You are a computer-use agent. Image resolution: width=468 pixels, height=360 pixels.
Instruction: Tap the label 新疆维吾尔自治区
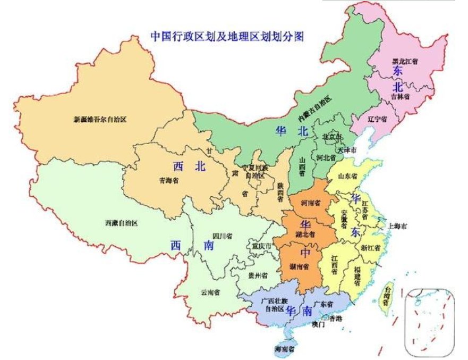[x=100, y=120]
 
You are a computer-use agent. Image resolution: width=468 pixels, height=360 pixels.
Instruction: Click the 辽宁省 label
[x=378, y=119]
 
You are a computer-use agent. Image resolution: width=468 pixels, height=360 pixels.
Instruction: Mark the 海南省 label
[x=285, y=349]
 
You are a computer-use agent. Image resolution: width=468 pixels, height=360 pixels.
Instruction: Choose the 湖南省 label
[x=300, y=267]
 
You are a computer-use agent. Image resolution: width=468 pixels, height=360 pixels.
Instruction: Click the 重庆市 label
[x=261, y=247]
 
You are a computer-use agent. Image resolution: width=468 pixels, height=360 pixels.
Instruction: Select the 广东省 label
[x=324, y=304]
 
